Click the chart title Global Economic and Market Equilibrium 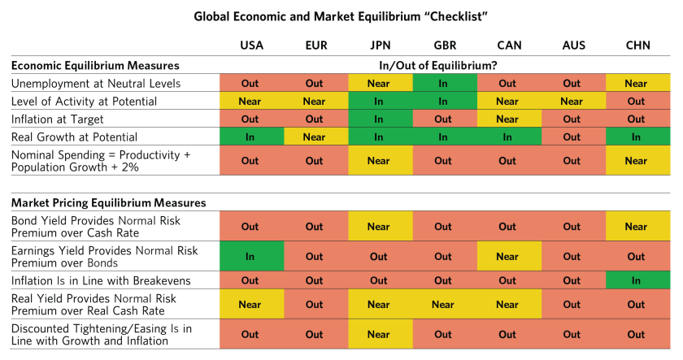click(x=341, y=16)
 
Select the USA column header click(x=251, y=46)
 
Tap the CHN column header click(x=636, y=46)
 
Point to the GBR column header click(x=444, y=46)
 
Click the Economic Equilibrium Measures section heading click(x=94, y=65)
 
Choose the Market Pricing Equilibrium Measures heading click(x=108, y=202)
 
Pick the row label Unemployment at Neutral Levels click(x=96, y=83)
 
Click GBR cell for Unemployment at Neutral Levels click(x=443, y=83)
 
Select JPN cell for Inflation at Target click(x=379, y=119)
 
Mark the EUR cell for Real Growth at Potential click(x=315, y=137)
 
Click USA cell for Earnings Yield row click(x=250, y=256)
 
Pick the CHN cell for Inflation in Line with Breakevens click(x=636, y=280)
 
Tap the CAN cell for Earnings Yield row click(x=507, y=256)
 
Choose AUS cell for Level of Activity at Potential click(x=572, y=101)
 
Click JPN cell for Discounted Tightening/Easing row click(x=379, y=334)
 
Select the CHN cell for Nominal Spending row click(x=636, y=160)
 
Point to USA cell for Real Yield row click(x=250, y=305)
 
